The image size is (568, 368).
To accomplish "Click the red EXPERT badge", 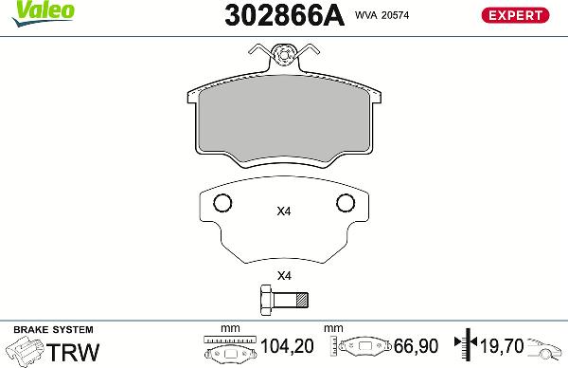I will [x=516, y=15].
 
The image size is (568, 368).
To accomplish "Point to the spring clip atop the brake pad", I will [x=286, y=62].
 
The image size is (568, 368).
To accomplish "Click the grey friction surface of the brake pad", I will [x=285, y=121].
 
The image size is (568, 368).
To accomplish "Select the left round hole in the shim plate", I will [x=222, y=203].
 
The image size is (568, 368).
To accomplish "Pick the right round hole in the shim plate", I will [x=346, y=203].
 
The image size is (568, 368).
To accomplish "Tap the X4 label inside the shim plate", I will [x=283, y=212].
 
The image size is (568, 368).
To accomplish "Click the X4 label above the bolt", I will [x=283, y=276].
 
